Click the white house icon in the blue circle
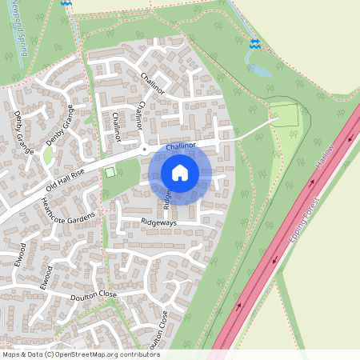pos(180,173)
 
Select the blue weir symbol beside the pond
pos(254,45)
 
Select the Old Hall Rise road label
pos(65,185)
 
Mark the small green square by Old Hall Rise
pos(110,172)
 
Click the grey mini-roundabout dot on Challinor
pos(144,150)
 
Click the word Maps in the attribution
pos(12,354)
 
